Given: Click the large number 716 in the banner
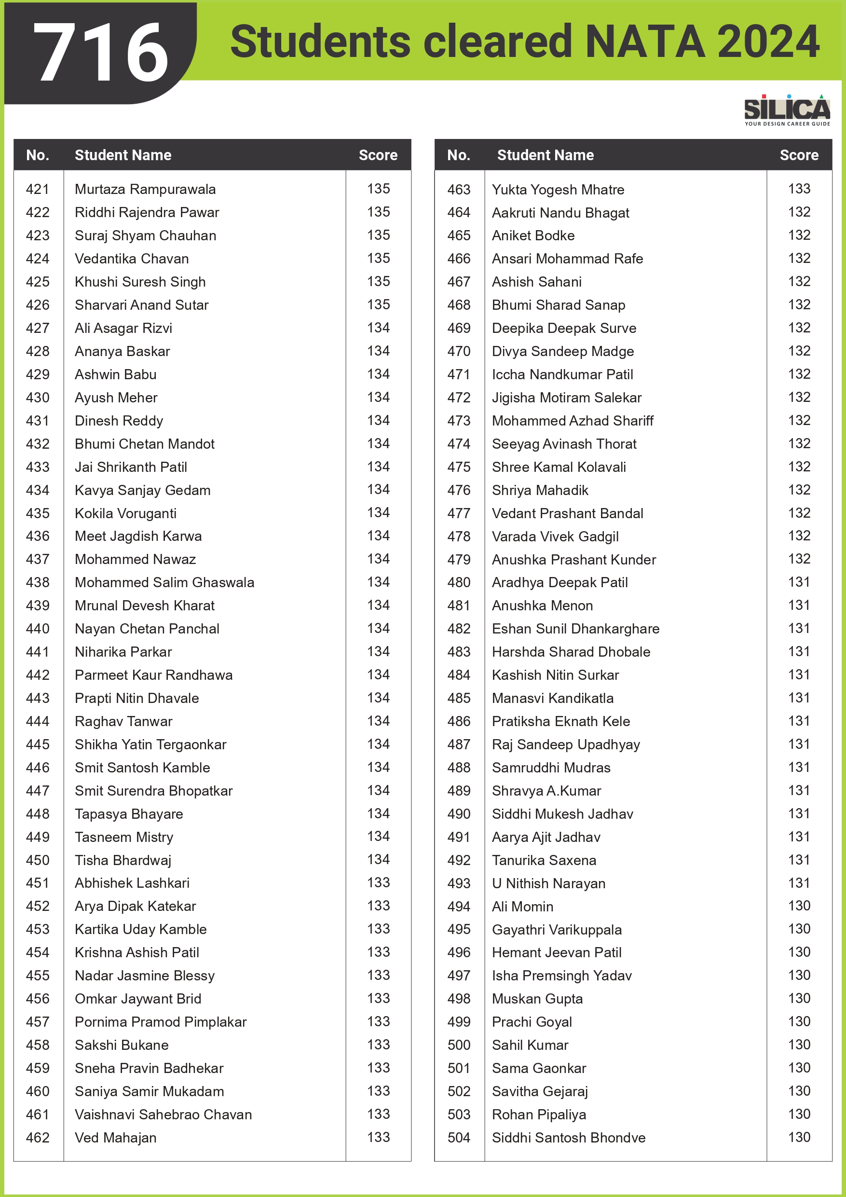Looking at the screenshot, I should tap(101, 53).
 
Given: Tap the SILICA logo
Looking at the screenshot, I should tap(787, 110).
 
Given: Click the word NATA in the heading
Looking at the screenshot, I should tap(645, 41).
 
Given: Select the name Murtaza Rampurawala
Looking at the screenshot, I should tap(145, 189).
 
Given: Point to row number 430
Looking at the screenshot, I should tap(38, 398).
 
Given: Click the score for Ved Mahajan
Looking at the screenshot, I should tap(378, 1137).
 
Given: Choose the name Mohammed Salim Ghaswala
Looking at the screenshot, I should tap(164, 582).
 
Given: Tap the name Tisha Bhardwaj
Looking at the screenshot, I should tap(123, 860).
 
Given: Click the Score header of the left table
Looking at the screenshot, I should tap(378, 155).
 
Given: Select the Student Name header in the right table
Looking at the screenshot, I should tap(545, 155).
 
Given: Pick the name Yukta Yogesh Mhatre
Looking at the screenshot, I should tap(558, 190).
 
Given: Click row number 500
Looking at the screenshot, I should tap(459, 1045).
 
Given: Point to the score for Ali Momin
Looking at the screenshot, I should tap(799, 906).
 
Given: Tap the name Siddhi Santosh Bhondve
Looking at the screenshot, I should tap(569, 1138).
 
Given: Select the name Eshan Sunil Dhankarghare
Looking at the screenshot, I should tap(575, 629).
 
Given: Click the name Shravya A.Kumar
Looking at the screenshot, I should tap(546, 791).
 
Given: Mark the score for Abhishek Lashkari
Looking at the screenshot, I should tap(378, 882).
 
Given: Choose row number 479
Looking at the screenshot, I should tap(459, 559).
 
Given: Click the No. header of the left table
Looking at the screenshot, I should tap(38, 155).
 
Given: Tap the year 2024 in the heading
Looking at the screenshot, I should tap(768, 41).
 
